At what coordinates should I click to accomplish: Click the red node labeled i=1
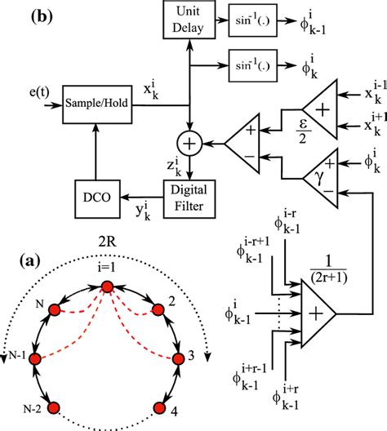pyautogui.click(x=106, y=287)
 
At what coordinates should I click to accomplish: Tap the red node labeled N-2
pyautogui.click(x=55, y=406)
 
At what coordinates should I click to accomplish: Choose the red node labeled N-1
pyautogui.click(x=34, y=358)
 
